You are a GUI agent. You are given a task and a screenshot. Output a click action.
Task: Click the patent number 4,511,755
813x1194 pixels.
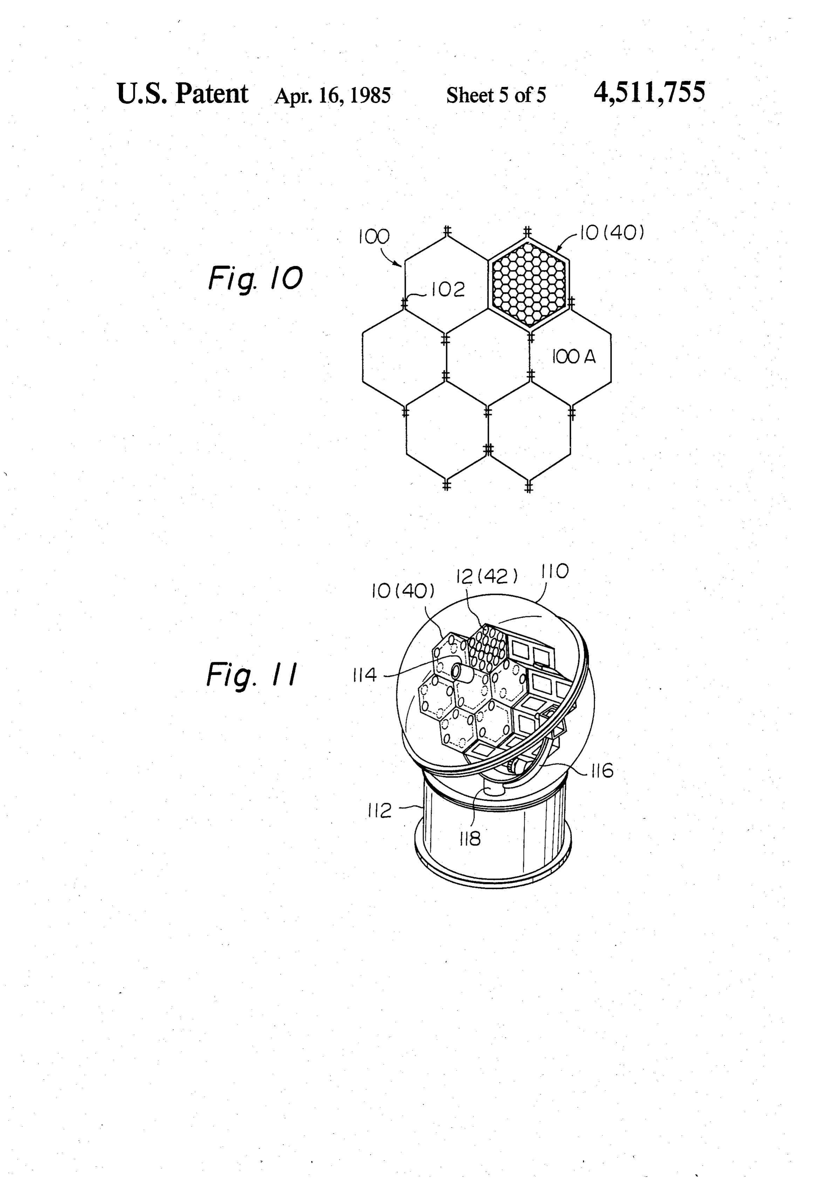649,93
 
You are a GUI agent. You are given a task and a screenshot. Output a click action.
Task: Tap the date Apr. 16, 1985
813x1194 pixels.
333,96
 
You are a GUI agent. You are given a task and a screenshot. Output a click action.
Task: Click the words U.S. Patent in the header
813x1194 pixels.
183,94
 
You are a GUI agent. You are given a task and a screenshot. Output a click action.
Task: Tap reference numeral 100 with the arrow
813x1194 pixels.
374,236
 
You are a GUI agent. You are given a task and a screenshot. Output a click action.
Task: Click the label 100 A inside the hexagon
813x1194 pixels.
574,357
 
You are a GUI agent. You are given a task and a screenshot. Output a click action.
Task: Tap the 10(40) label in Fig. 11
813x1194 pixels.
403,591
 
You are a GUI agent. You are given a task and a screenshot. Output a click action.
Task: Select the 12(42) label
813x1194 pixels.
487,576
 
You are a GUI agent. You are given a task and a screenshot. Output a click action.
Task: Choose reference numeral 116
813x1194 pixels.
602,771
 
